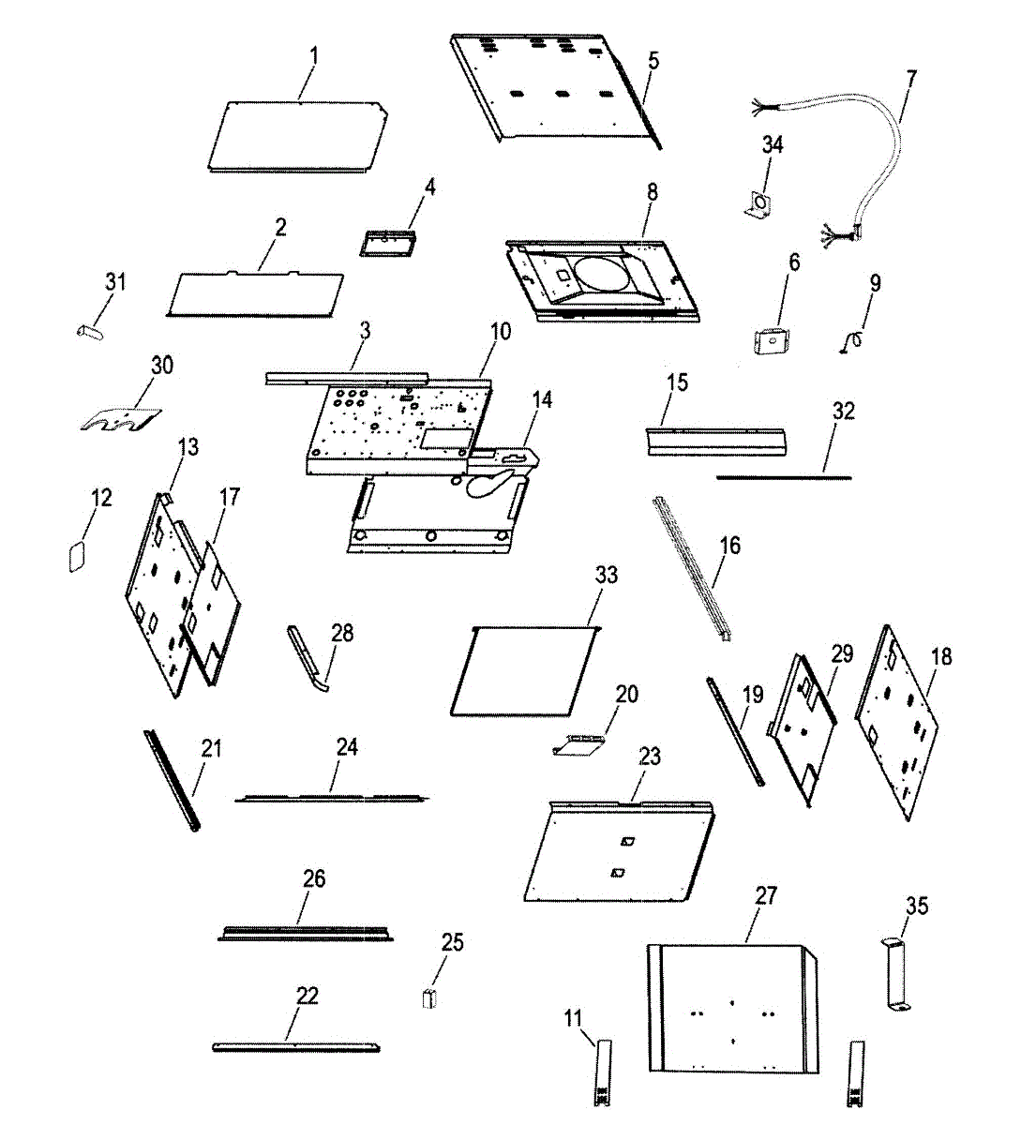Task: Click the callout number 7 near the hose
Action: tap(910, 78)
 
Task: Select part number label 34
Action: tap(773, 145)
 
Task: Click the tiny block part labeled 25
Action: tap(430, 998)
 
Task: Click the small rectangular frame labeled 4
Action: tap(389, 241)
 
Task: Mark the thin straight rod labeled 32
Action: tap(784, 477)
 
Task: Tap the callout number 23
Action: tap(650, 757)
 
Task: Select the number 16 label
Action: tap(730, 545)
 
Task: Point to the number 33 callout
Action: tap(607, 574)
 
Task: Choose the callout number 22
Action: tap(308, 996)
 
